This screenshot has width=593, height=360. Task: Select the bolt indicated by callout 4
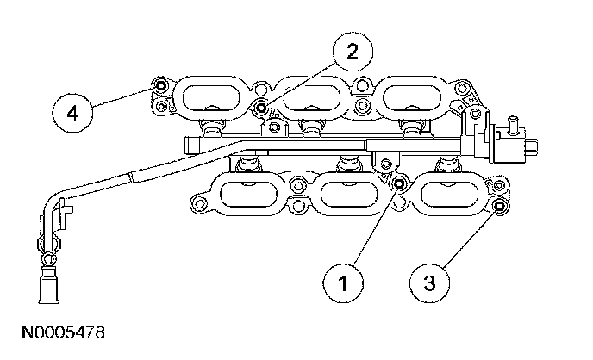tap(159, 87)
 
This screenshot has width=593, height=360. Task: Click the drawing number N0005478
tap(57, 331)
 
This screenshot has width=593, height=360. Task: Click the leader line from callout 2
tap(302, 81)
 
